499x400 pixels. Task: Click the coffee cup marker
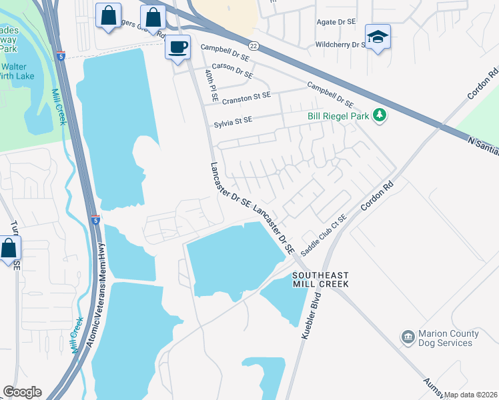pyautogui.click(x=177, y=47)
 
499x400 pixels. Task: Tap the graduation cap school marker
pyautogui.click(x=378, y=37)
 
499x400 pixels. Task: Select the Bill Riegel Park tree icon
pyautogui.click(x=380, y=115)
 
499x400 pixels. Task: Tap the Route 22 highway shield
pyautogui.click(x=253, y=45)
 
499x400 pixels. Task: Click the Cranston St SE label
pyautogui.click(x=247, y=97)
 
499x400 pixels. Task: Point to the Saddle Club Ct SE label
pyautogui.click(x=324, y=229)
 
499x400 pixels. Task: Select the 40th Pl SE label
pyautogui.click(x=211, y=84)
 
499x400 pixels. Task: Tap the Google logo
pyautogui.click(x=22, y=391)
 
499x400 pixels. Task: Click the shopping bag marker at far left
pyautogui.click(x=9, y=249)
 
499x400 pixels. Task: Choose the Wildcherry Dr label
pyautogui.click(x=340, y=45)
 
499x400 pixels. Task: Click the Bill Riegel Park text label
pyautogui.click(x=338, y=116)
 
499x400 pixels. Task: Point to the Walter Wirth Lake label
pyautogui.click(x=20, y=71)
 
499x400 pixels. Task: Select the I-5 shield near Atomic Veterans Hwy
pyautogui.click(x=96, y=219)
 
